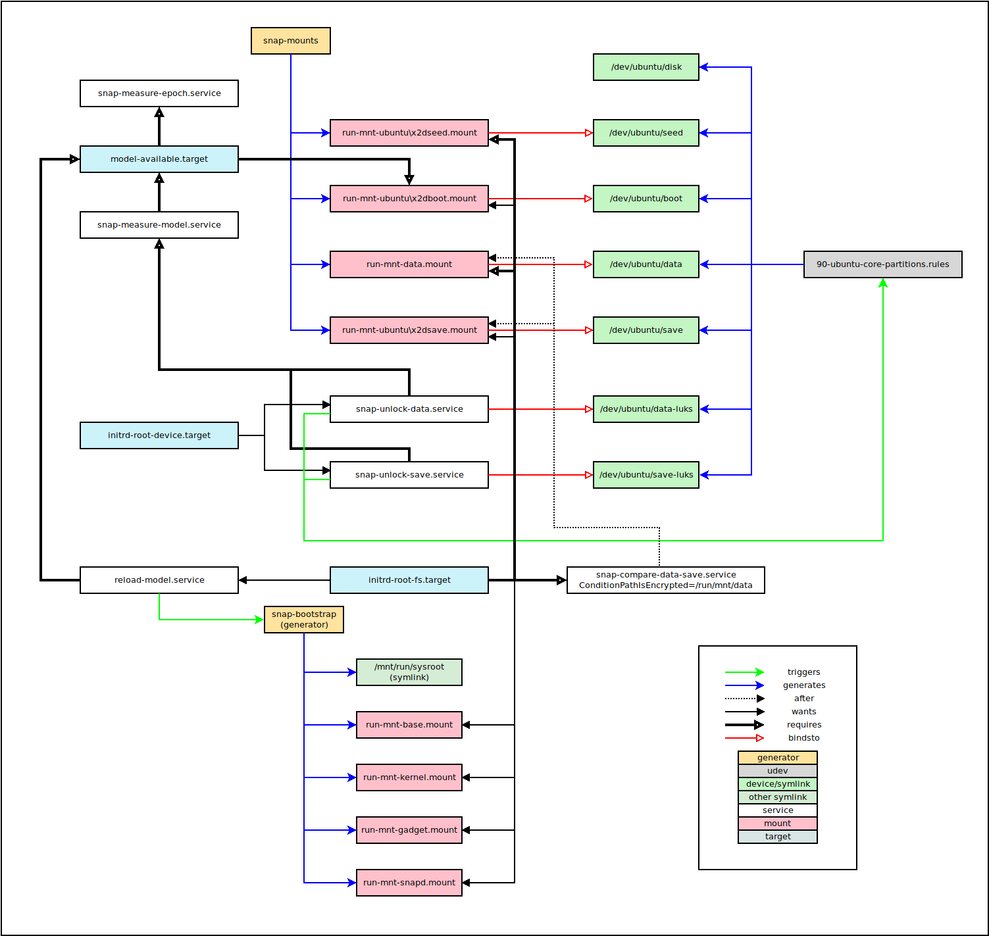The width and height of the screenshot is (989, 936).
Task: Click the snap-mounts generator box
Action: tap(290, 41)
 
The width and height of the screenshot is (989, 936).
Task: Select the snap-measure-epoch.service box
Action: tap(159, 93)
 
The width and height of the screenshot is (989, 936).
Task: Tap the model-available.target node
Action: tap(159, 159)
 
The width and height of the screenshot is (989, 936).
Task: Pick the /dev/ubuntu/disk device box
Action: tap(646, 67)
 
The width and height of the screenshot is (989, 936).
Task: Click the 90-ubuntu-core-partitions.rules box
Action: tap(882, 264)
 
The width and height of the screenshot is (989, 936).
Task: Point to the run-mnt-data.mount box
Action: tap(409, 264)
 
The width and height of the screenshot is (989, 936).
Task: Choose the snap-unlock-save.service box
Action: tap(409, 475)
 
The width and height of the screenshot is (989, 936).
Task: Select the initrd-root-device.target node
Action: tap(159, 435)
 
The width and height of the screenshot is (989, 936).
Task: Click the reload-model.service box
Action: tap(159, 580)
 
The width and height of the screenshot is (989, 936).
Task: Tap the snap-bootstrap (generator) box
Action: tap(303, 620)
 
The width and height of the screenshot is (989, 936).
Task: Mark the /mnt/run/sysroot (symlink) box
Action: tap(409, 672)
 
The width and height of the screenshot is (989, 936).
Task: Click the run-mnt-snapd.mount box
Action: tap(409, 883)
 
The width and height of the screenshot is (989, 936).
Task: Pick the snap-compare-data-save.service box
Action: tap(665, 580)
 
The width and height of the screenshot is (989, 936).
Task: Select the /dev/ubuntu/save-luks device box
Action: tap(646, 475)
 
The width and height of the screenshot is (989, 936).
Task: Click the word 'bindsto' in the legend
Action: tap(803, 738)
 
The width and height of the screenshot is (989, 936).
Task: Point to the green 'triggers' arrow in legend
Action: tap(744, 672)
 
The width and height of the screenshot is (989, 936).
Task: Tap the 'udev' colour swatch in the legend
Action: tap(777, 771)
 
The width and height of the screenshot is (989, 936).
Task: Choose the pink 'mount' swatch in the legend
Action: tap(777, 824)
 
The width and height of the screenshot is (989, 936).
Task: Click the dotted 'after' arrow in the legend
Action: tap(744, 699)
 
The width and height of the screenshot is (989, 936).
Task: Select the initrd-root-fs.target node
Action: tap(409, 580)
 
